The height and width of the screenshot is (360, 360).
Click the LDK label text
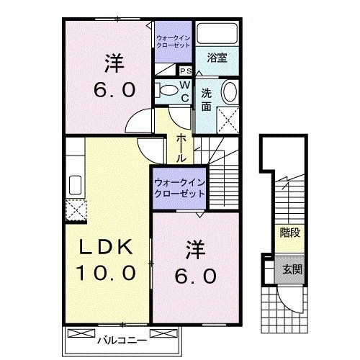(x=106, y=247)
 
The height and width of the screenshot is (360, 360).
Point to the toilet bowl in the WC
(x=167, y=90)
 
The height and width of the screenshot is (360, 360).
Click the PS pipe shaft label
(x=185, y=71)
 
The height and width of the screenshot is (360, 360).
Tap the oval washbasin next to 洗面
(x=228, y=92)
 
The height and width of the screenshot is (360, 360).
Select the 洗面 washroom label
(x=206, y=99)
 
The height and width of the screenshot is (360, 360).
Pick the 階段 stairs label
(x=289, y=232)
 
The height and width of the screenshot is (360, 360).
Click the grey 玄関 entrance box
(x=290, y=269)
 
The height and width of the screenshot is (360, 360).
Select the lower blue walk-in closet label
(x=179, y=188)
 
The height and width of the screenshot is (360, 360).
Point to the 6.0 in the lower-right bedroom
(x=193, y=275)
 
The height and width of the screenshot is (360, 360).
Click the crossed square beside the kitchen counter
(x=76, y=210)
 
